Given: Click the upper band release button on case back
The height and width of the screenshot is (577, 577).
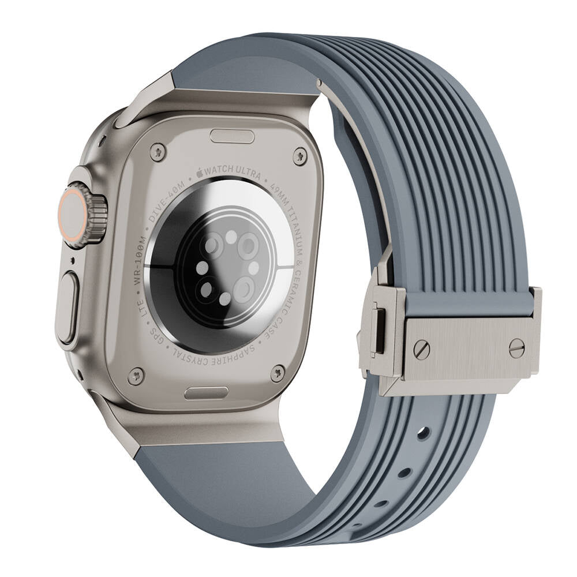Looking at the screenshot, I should [x=233, y=136].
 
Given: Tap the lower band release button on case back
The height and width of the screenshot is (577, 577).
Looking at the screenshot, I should [x=207, y=393].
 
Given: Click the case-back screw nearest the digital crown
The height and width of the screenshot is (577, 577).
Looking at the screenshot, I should [x=158, y=152].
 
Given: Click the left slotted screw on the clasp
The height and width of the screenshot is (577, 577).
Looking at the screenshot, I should [x=422, y=349].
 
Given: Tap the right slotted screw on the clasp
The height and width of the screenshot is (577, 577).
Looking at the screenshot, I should [x=516, y=348].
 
